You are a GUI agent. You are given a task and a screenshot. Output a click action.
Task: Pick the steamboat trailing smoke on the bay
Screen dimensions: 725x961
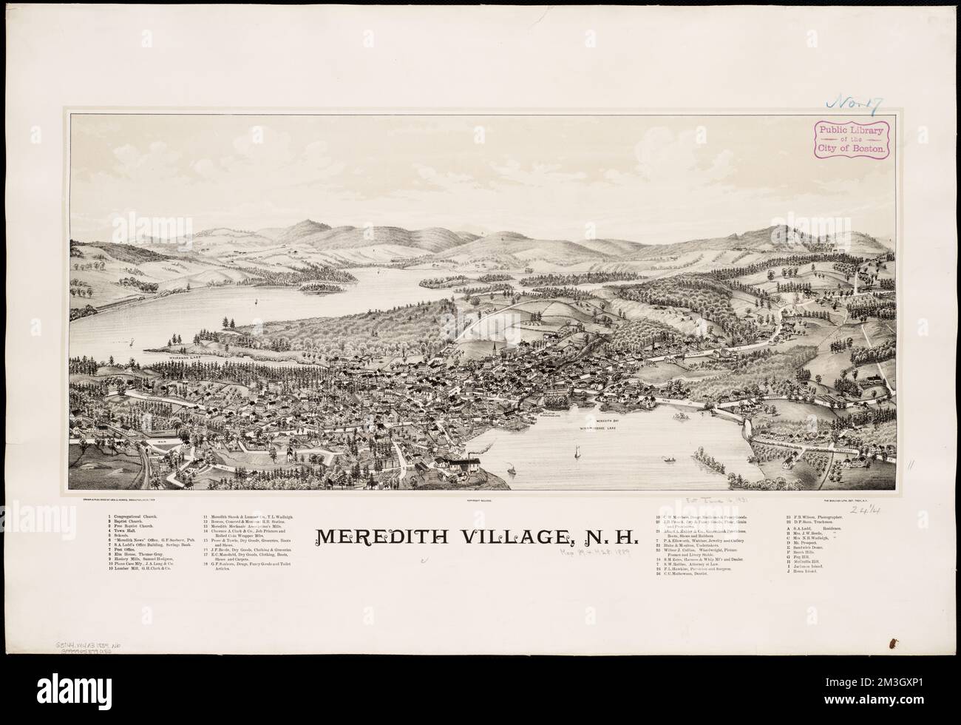511,468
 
